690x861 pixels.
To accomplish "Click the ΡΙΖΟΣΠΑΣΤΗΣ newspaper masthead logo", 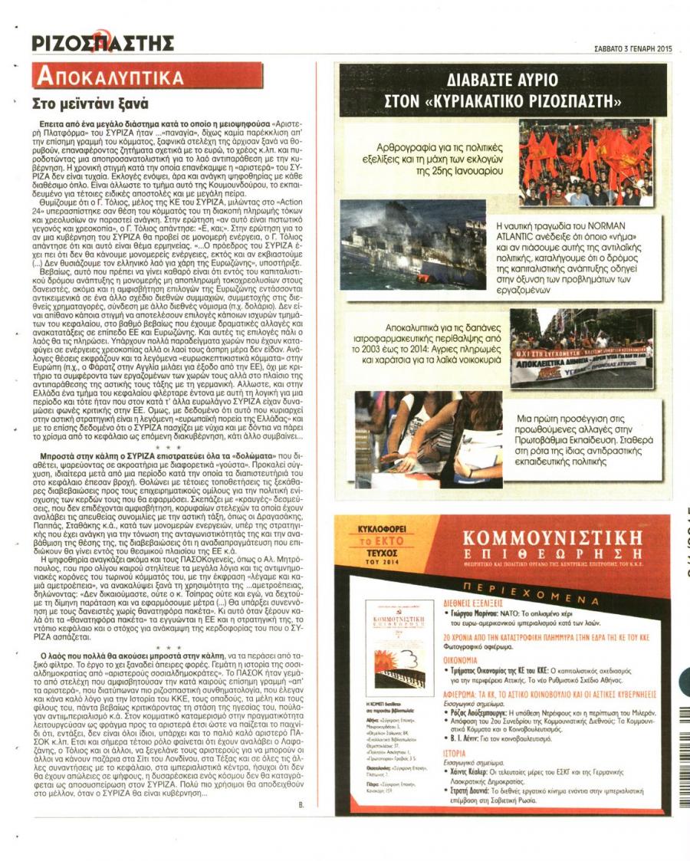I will tap(103, 43).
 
